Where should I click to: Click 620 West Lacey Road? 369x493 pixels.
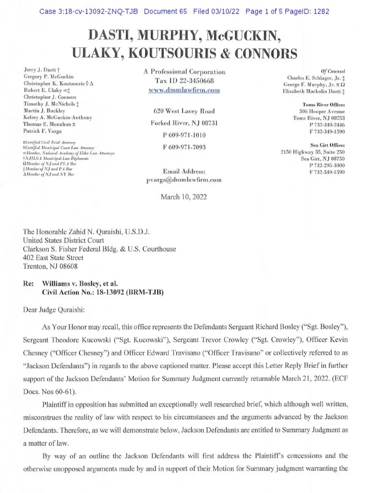tap(184, 111)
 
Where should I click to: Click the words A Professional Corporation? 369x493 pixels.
tap(184, 72)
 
